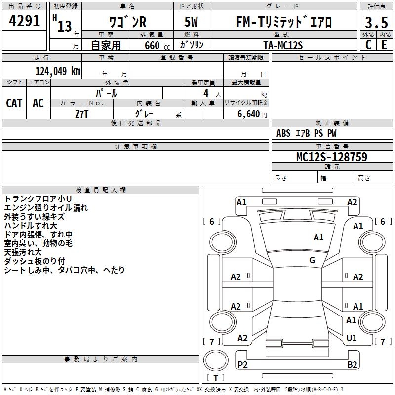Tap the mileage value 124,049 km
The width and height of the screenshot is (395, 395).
tap(57, 71)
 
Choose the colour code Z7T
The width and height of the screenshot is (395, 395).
tap(82, 113)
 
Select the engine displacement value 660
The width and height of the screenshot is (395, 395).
tap(152, 45)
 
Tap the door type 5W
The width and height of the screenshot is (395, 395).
tap(193, 23)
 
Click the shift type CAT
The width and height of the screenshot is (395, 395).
tap(14, 103)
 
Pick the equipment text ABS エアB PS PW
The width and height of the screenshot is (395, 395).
tap(307, 133)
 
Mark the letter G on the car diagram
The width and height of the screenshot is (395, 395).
tap(312, 260)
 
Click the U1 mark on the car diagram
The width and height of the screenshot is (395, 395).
tap(352, 338)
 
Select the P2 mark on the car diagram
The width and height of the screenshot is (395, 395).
tap(242, 364)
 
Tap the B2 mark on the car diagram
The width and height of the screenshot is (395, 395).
tap(352, 364)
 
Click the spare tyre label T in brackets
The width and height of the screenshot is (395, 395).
tap(216, 378)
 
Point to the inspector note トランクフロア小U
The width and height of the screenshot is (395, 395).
tap(38, 198)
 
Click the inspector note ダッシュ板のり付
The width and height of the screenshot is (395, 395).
tap(35, 261)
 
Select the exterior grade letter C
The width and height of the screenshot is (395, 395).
tap(368, 45)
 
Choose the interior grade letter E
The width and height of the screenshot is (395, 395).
tap(384, 45)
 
